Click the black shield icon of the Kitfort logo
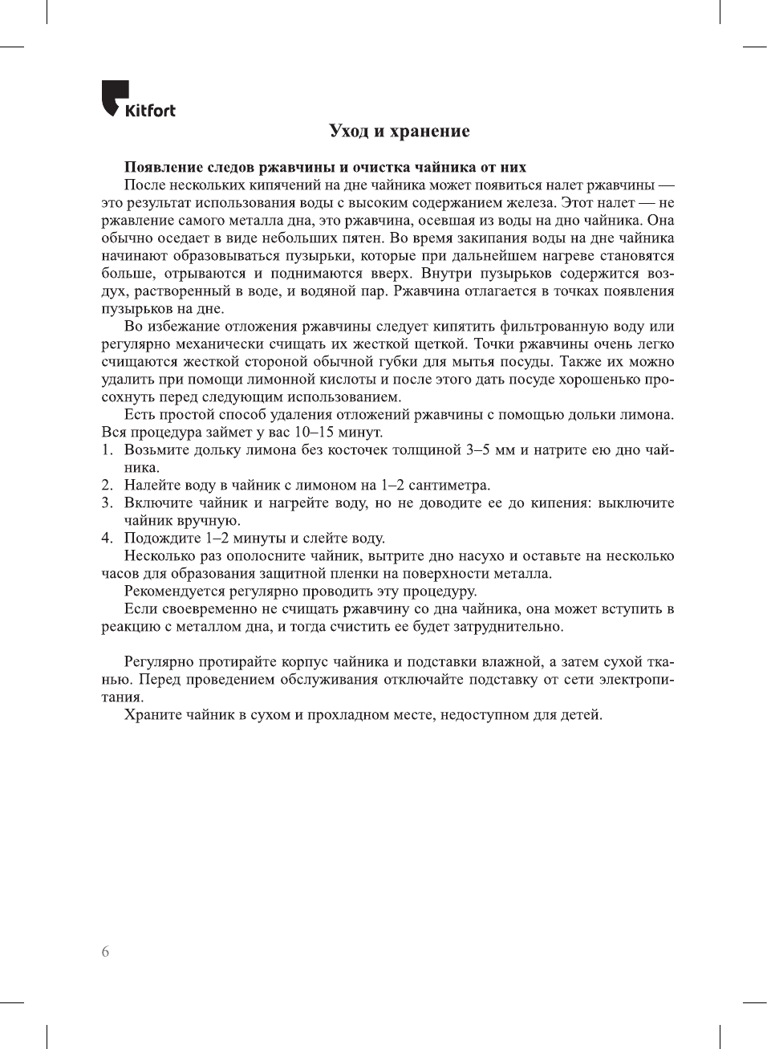pyautogui.click(x=114, y=96)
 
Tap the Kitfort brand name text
pyautogui.click(x=150, y=111)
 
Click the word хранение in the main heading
pyautogui.click(x=429, y=131)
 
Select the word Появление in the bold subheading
pyautogui.click(x=164, y=167)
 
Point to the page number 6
pyautogui.click(x=105, y=952)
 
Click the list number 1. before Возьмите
pyautogui.click(x=107, y=450)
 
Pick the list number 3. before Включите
pyautogui.click(x=107, y=503)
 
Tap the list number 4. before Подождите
pyautogui.click(x=107, y=539)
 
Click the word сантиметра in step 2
pyautogui.click(x=448, y=486)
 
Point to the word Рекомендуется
pyautogui.click(x=175, y=592)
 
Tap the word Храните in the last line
pyautogui.click(x=152, y=715)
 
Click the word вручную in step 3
pyautogui.click(x=211, y=521)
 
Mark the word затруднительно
pyautogui.click(x=507, y=627)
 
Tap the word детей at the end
pyautogui.click(x=582, y=715)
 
